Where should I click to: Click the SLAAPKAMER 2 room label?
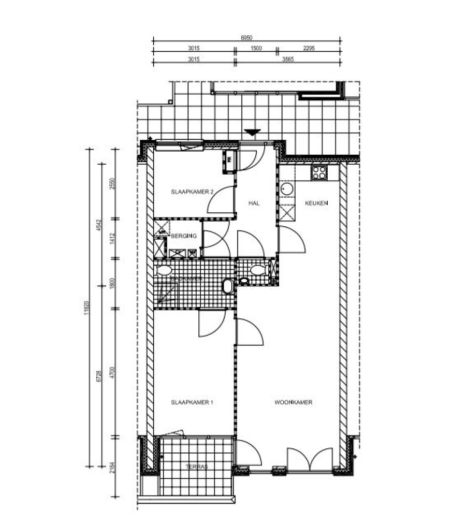[192, 192]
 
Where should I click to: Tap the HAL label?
[254, 203]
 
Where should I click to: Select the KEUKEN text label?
[316, 203]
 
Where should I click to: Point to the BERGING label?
[184, 236]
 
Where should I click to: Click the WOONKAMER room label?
[294, 402]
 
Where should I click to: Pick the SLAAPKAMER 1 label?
[192, 402]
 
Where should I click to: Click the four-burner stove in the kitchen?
[319, 173]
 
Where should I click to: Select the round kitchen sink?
[287, 189]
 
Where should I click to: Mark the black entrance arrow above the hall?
[252, 133]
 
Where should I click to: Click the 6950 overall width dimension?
[246, 38]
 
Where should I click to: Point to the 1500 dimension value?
[256, 48]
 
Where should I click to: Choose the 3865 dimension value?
[288, 60]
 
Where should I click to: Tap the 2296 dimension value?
[309, 48]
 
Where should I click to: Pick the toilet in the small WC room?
[257, 270]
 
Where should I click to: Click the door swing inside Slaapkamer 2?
[220, 201]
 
